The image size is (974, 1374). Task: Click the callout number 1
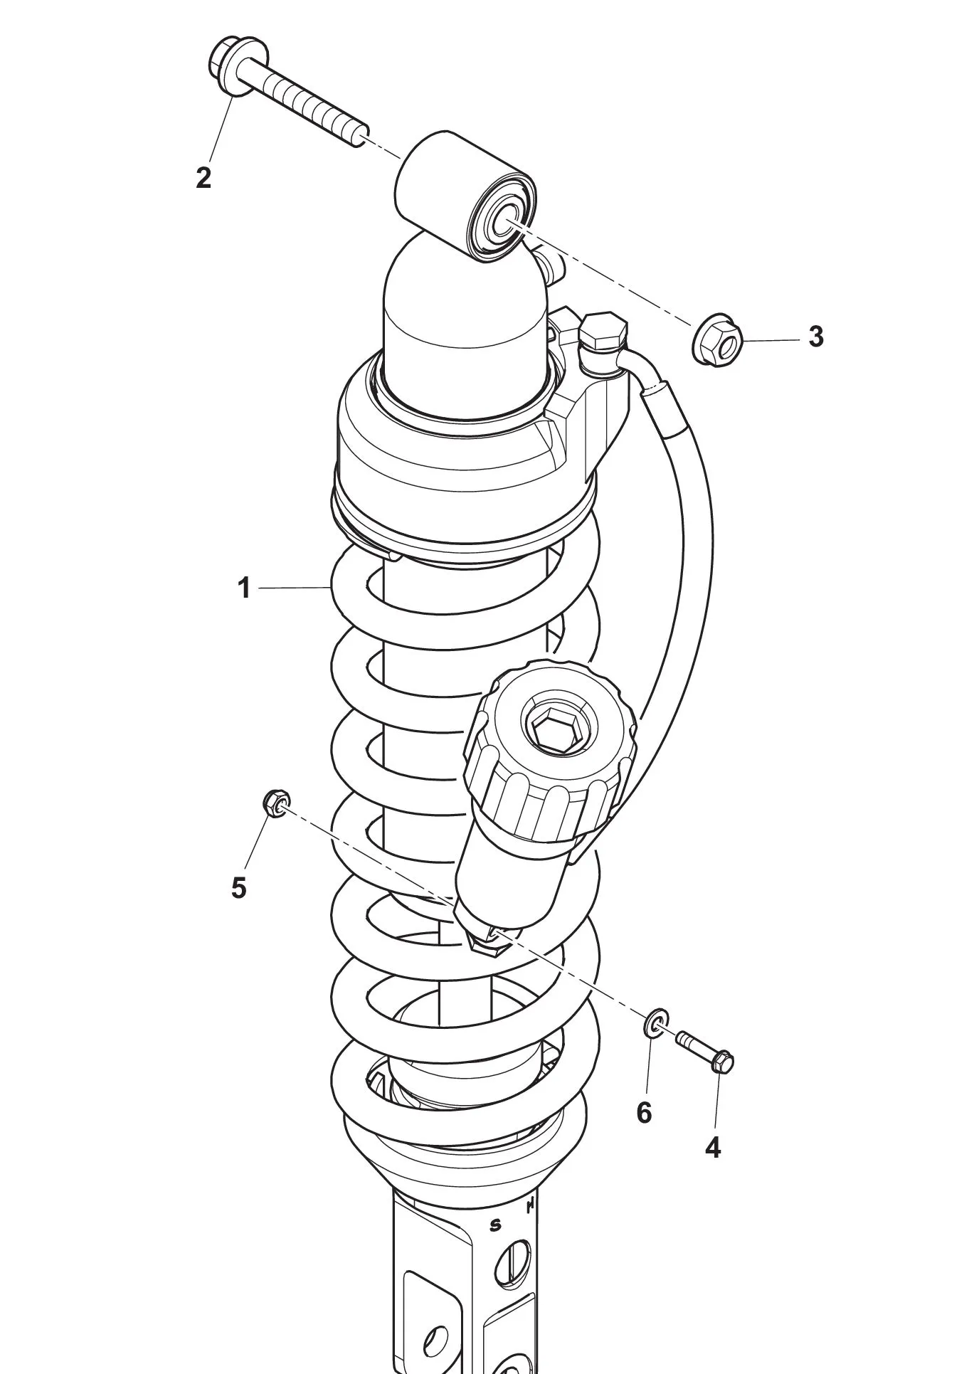click(x=244, y=588)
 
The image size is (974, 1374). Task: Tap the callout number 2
click(x=204, y=177)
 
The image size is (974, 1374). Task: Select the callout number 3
click(x=816, y=337)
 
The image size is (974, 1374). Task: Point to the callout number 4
click(x=713, y=1147)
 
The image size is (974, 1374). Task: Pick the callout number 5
click(x=239, y=887)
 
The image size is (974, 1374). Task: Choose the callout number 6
click(x=644, y=1113)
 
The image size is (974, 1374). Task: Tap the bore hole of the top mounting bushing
click(x=503, y=219)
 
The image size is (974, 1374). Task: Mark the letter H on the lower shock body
click(x=530, y=1207)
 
